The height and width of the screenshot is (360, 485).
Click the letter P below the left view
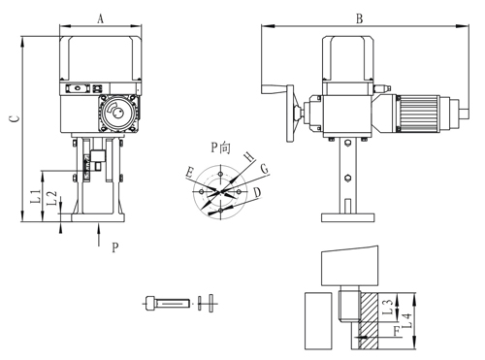click(x=114, y=247)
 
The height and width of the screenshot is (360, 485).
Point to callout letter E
click(x=189, y=173)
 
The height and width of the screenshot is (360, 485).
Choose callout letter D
click(x=257, y=193)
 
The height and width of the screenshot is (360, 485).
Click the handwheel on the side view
click(x=293, y=111)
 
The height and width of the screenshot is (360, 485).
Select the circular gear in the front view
click(x=117, y=112)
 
